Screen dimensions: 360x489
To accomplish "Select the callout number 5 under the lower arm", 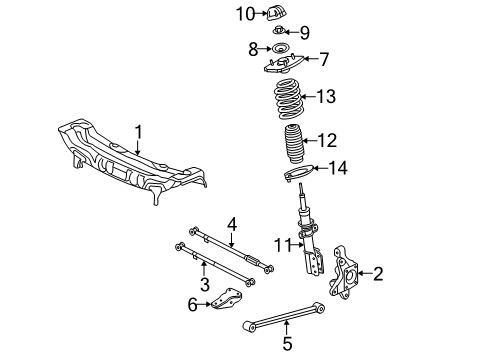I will pyautogui.click(x=286, y=344).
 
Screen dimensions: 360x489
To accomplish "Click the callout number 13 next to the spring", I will pyautogui.click(x=322, y=97).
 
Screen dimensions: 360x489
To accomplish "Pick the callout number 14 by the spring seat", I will pyautogui.click(x=339, y=168).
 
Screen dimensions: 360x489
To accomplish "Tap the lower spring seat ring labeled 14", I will pyautogui.click(x=299, y=176).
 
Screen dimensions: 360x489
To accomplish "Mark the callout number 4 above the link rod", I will pyautogui.click(x=231, y=224).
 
